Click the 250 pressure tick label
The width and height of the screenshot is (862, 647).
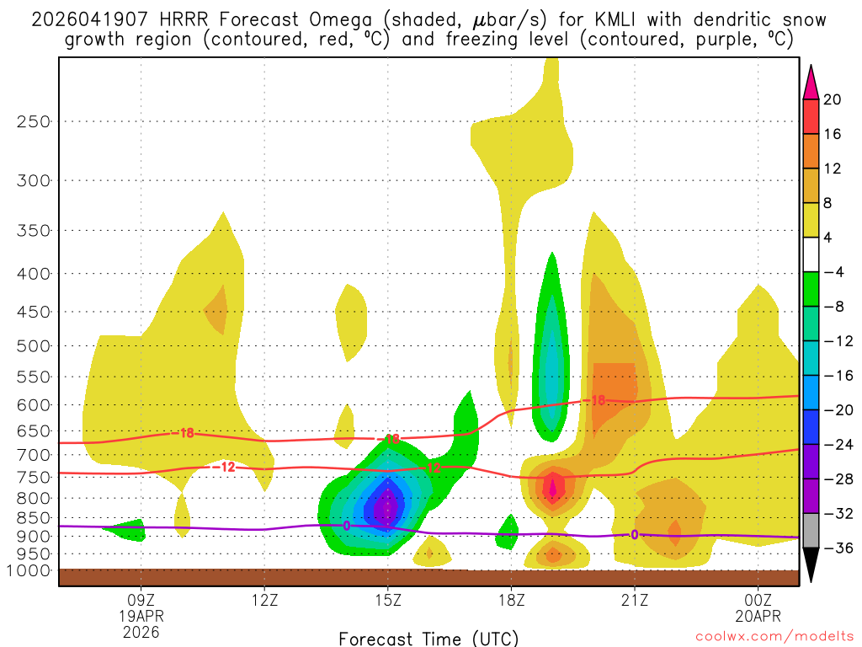click(x=35, y=121)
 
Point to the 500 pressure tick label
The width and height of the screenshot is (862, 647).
click(x=35, y=345)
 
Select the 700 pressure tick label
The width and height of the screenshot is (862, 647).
click(x=35, y=455)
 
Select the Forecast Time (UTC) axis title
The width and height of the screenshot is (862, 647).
click(x=428, y=638)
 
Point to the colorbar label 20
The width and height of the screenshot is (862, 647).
click(x=833, y=99)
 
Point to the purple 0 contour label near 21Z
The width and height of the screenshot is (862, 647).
click(x=635, y=534)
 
